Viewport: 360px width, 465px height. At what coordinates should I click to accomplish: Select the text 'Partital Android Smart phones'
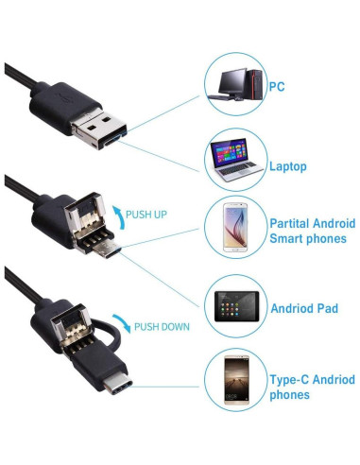click(x=311, y=232)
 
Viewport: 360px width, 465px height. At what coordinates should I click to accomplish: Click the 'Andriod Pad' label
click(x=304, y=308)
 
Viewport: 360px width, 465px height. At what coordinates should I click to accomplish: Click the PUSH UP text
click(x=146, y=215)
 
